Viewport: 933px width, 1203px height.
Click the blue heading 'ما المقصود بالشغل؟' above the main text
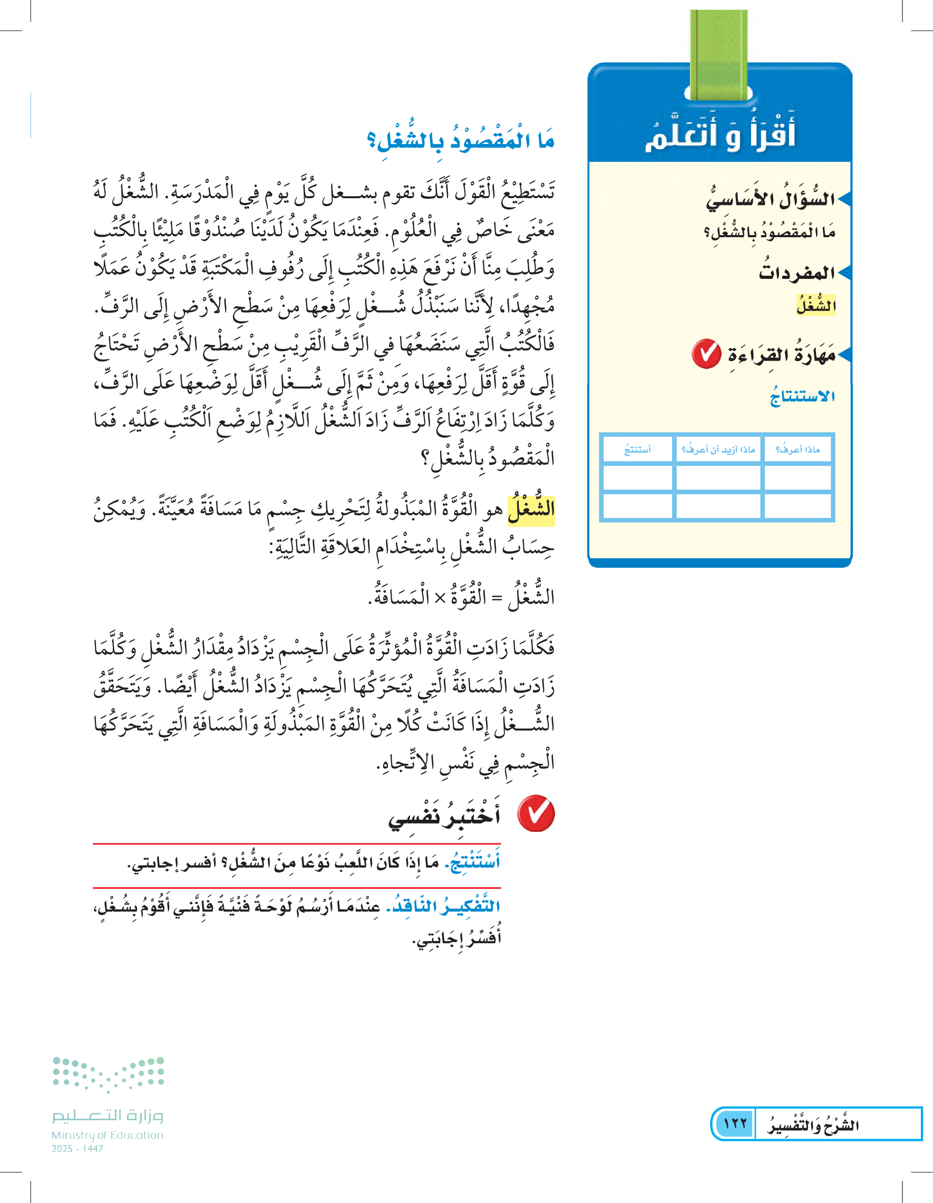tap(461, 140)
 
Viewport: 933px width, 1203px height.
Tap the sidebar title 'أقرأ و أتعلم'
tap(720, 134)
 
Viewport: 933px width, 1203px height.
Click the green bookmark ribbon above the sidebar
tap(719, 55)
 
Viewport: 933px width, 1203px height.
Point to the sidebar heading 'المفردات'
tap(796, 273)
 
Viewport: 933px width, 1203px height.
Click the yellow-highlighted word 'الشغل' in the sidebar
tap(815, 305)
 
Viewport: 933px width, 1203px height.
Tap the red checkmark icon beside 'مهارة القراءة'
tap(707, 354)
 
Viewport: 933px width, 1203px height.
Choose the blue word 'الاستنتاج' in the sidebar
tap(802, 396)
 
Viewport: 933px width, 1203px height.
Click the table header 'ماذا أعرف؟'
tap(797, 450)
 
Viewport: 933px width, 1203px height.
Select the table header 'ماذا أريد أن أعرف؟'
tap(717, 450)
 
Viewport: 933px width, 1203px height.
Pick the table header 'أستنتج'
tap(637, 450)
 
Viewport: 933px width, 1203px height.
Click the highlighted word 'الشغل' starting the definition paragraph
tap(531, 509)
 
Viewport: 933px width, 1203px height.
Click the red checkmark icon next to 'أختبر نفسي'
tap(536, 813)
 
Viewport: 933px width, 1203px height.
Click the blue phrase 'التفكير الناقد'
tap(443, 906)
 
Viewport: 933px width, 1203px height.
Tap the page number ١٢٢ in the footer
tap(735, 1123)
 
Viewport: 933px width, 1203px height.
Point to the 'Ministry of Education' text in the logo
tap(108, 1134)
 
